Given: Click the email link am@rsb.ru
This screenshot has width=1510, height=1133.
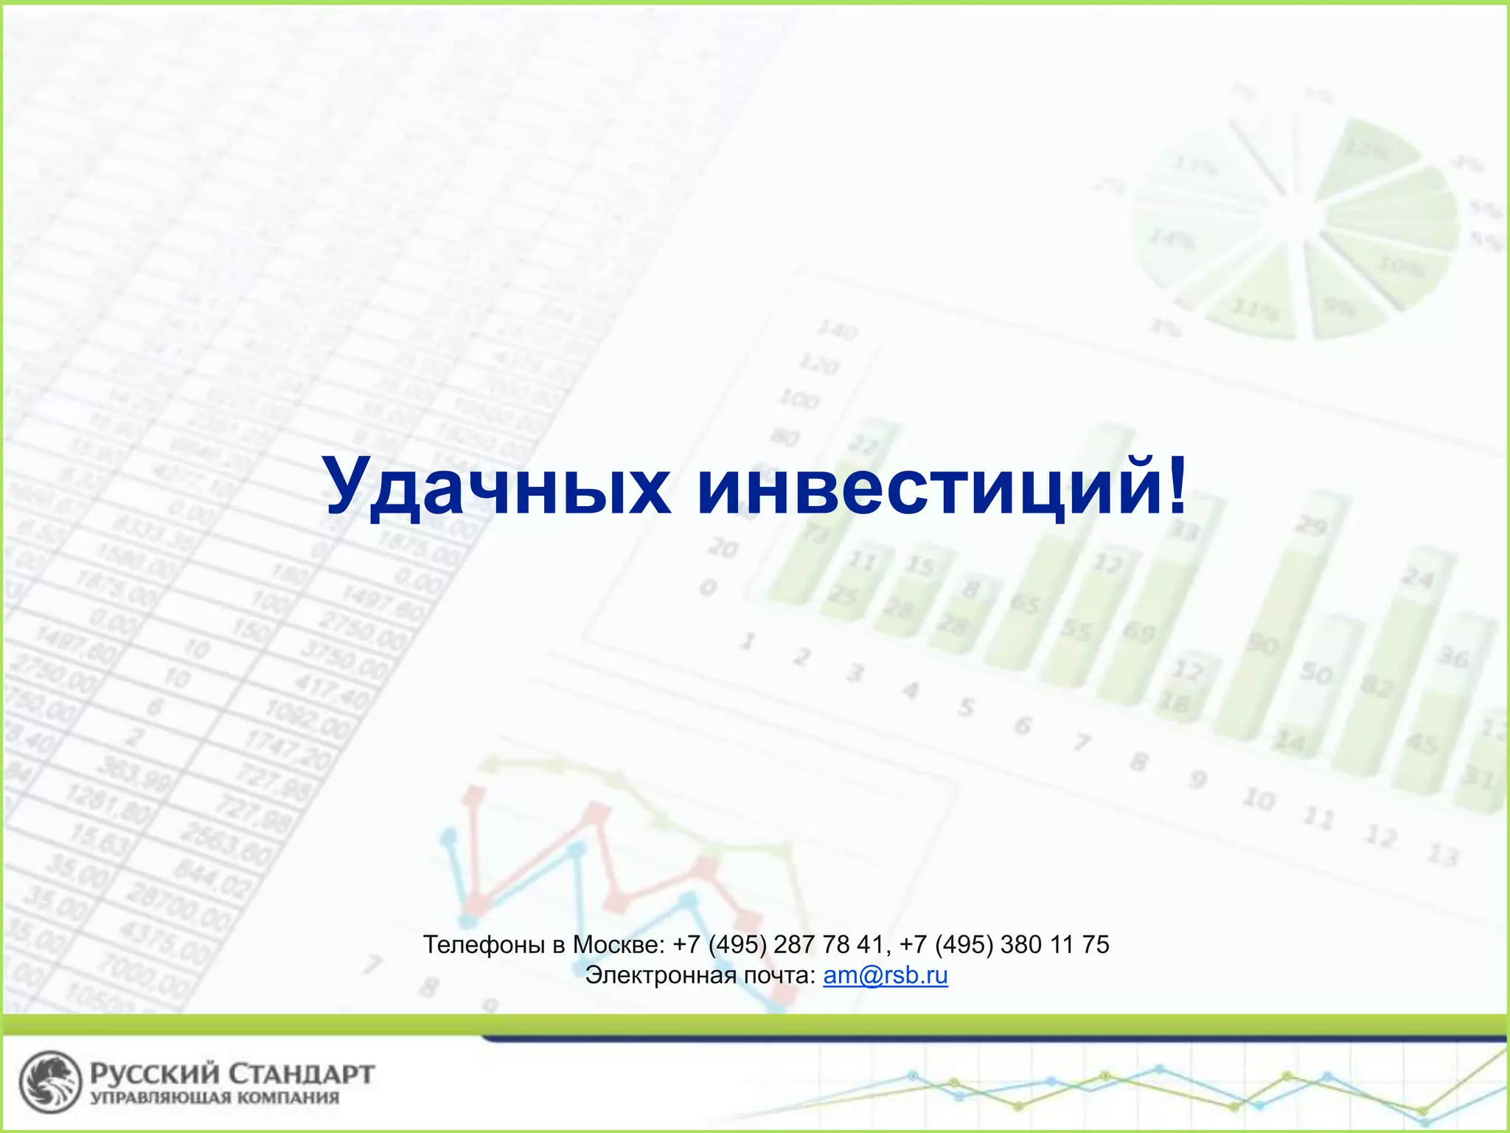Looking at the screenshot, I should pos(885,975).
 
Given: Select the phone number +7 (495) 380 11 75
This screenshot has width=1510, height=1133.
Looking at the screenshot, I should pos(1004,944).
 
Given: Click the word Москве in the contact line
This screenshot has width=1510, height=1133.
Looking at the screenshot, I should pos(618,944).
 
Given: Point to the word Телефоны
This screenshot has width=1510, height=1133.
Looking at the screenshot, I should pos(483,944).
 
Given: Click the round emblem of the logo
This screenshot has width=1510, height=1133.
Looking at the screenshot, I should pos(49,1082).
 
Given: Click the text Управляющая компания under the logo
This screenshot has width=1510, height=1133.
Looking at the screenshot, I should pos(215,1098).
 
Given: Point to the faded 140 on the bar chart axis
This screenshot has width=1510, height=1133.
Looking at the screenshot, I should pos(837,330).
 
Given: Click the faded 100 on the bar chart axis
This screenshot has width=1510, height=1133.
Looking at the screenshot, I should pos(799,399).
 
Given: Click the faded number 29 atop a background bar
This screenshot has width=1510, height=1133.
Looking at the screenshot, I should pos(1312,525).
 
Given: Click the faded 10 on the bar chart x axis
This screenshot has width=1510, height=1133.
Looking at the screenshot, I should pos(1259,798).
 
